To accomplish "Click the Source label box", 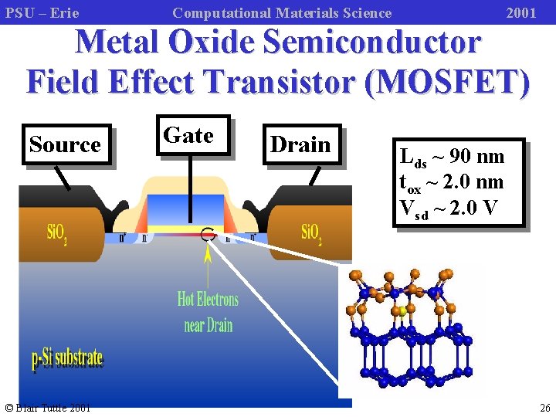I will [65, 144].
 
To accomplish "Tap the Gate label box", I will [188, 135].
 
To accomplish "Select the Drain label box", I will [300, 144].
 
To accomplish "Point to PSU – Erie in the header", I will [42, 12].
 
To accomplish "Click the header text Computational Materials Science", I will [282, 12].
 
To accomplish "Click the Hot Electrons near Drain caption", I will [208, 311].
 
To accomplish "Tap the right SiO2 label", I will [311, 232].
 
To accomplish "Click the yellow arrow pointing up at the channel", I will [208, 263].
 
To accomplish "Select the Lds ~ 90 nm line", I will [452, 157].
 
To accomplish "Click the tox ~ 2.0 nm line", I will [452, 182].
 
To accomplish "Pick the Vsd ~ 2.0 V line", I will [449, 208].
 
